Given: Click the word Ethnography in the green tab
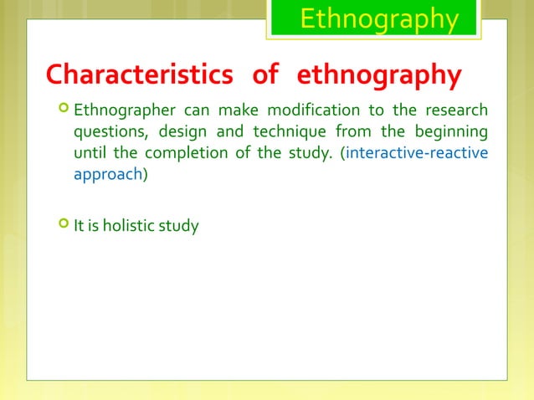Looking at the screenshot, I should pos(378,19).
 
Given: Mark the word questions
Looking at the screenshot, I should pos(106,134).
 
